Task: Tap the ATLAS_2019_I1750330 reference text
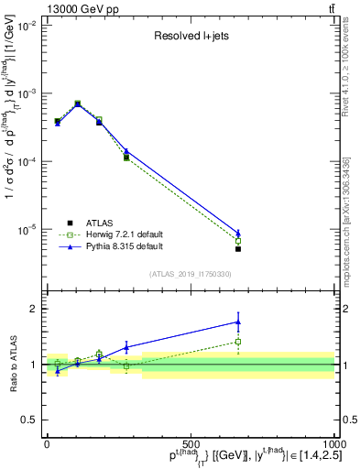pyautogui.click(x=191, y=274)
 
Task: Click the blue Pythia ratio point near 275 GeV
pyautogui.click(x=126, y=347)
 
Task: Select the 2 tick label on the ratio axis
pyautogui.click(x=36, y=309)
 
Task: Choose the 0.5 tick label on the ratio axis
pyautogui.click(x=32, y=420)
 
